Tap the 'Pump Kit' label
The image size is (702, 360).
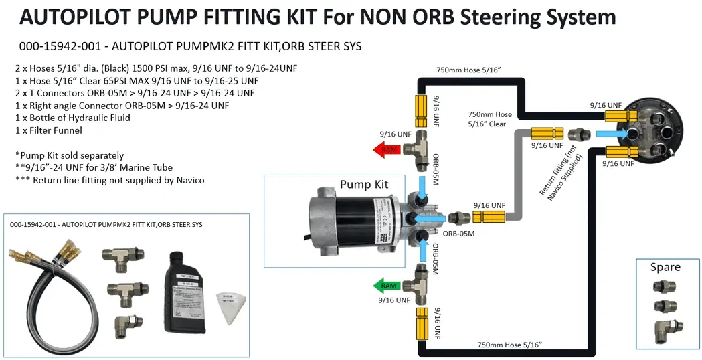click(x=363, y=185)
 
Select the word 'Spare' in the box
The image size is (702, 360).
click(x=665, y=267)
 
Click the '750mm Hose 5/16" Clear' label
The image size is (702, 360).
click(x=490, y=118)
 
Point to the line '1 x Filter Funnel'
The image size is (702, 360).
click(x=48, y=131)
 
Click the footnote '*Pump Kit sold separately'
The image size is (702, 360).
click(x=70, y=155)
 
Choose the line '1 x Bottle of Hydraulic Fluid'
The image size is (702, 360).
click(x=72, y=118)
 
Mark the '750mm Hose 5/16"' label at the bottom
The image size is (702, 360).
click(x=508, y=345)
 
